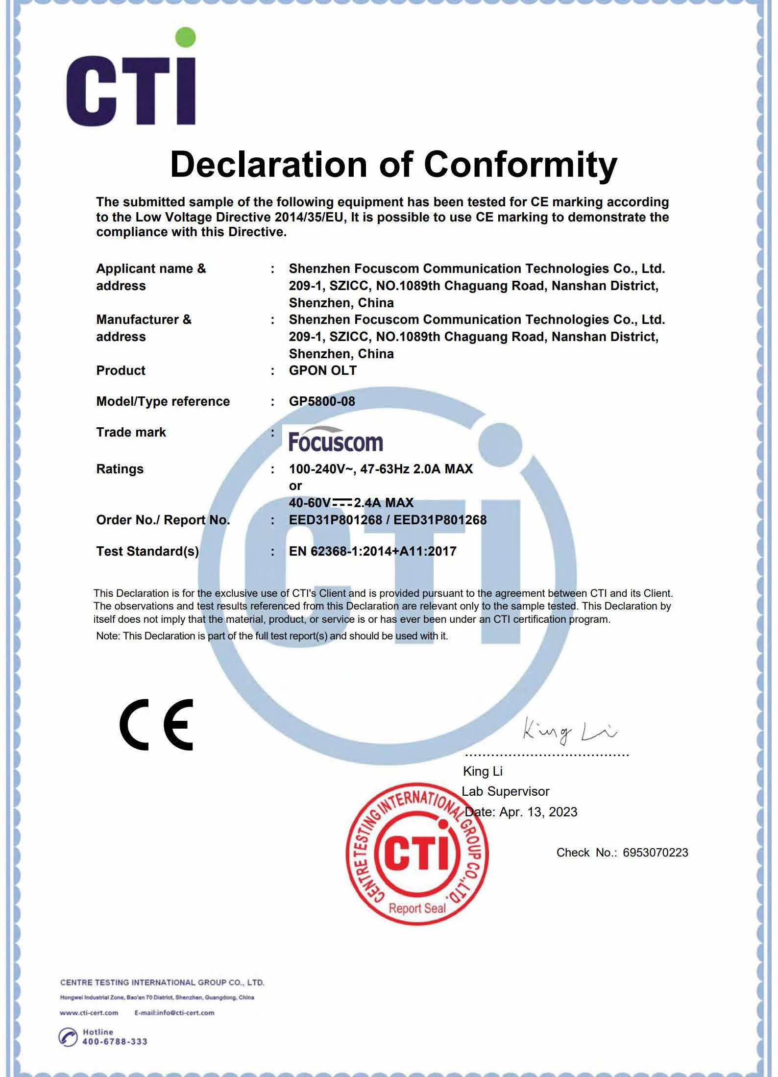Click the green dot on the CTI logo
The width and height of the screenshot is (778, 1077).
pyautogui.click(x=185, y=37)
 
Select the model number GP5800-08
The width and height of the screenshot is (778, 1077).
pyautogui.click(x=322, y=401)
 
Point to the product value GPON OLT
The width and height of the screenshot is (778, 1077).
pyautogui.click(x=322, y=370)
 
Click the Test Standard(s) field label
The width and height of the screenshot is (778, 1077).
pyautogui.click(x=147, y=551)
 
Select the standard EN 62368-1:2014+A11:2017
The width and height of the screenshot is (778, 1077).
pyautogui.click(x=372, y=551)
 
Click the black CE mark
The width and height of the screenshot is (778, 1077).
pyautogui.click(x=156, y=725)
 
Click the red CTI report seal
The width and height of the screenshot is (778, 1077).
pyautogui.click(x=417, y=854)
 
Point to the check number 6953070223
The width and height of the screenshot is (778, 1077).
pyautogui.click(x=655, y=853)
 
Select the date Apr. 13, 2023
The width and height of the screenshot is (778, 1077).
pyautogui.click(x=538, y=812)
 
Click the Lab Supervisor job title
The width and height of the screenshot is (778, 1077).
pyautogui.click(x=505, y=791)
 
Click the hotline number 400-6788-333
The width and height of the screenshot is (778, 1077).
pyautogui.click(x=115, y=1041)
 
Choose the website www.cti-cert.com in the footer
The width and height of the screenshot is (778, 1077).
pyautogui.click(x=89, y=1013)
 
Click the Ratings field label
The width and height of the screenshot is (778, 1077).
pyautogui.click(x=120, y=469)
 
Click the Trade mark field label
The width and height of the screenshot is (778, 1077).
pyautogui.click(x=131, y=432)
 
